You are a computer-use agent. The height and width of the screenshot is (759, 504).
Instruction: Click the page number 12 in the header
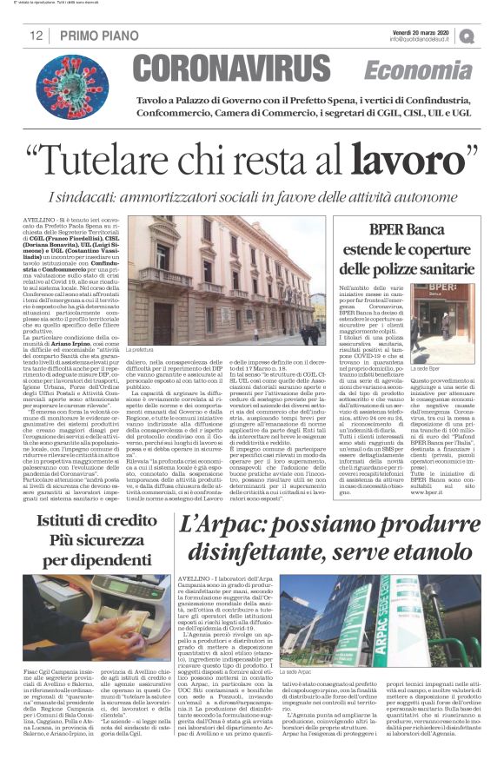click(36, 35)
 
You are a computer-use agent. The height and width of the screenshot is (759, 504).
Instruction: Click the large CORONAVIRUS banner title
click(242, 68)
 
